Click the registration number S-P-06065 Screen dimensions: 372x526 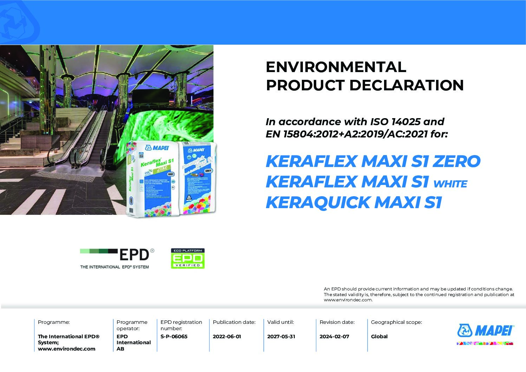coord(174,336)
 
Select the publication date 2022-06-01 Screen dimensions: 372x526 coord(227,336)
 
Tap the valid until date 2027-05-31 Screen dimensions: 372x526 coord(281,336)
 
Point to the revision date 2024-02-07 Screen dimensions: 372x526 coord(334,336)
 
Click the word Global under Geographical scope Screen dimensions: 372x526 coord(379,336)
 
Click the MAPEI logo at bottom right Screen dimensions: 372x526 coord(486,331)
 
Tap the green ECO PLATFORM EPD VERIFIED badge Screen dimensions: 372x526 coord(188,259)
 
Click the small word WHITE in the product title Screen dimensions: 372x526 coord(450,184)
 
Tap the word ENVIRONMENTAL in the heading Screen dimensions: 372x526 coord(336,67)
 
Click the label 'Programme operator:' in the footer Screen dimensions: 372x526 coord(132,325)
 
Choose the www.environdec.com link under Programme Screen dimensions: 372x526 coord(66,349)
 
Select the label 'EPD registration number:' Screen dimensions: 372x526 coord(181,325)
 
